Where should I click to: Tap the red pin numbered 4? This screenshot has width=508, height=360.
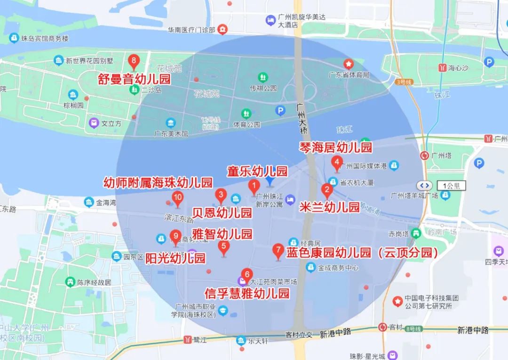point(337,163)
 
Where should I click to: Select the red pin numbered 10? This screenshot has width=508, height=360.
point(178,198)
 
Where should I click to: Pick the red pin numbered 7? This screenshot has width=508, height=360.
point(278,250)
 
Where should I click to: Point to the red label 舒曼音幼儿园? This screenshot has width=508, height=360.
point(135,79)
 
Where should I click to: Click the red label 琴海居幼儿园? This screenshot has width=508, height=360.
point(336,147)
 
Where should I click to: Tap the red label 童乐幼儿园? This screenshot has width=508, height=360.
point(257,170)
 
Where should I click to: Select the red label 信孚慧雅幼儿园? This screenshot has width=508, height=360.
point(247,294)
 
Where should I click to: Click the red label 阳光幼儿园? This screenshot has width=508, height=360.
point(175,258)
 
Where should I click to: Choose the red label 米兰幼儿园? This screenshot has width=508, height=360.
point(329,207)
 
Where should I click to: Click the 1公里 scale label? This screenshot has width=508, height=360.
point(451,185)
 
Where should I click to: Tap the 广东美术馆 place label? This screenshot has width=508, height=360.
point(171,134)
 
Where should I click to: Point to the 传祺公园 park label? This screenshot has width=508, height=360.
point(263,88)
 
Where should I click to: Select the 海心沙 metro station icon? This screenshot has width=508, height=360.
point(443,67)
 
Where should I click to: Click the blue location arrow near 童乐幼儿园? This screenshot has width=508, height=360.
point(270,181)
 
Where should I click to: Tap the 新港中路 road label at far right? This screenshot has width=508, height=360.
point(473,330)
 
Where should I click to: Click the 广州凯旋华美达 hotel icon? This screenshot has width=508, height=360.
point(270,20)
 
